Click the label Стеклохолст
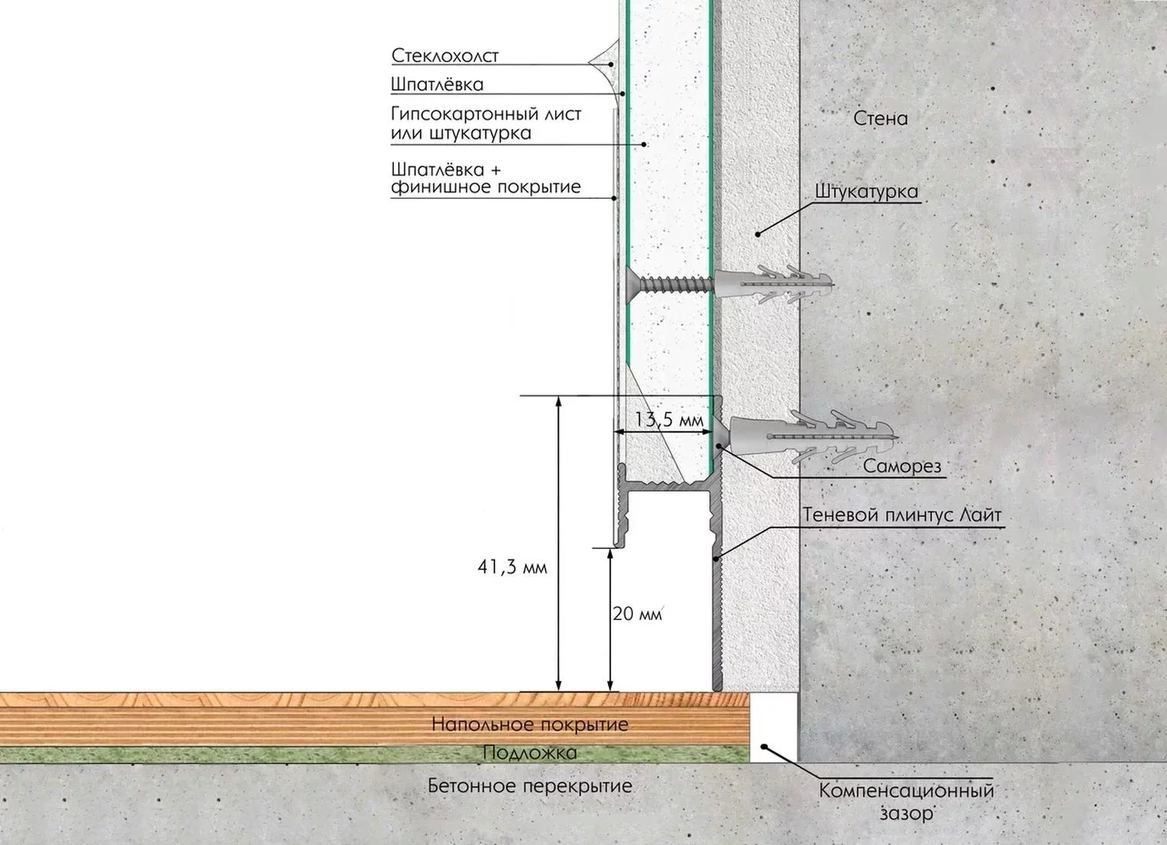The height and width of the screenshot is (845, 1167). (445, 56)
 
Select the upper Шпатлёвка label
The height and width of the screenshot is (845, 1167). (437, 84)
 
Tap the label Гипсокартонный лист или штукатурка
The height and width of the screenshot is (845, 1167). (486, 124)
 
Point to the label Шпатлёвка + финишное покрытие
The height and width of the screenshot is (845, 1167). (486, 178)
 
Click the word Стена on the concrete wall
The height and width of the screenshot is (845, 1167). (881, 119)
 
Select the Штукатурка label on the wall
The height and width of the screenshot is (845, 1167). (866, 192)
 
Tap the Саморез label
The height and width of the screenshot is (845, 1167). (902, 466)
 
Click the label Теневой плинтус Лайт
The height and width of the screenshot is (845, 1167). (902, 515)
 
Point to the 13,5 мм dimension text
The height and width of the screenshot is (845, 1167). (669, 419)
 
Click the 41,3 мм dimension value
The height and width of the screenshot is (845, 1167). (512, 567)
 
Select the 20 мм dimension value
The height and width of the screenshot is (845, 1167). (637, 614)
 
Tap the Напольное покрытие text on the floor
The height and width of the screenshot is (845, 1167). (530, 725)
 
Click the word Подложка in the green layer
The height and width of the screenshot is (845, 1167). (530, 753)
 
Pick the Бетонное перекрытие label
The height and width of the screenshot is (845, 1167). (530, 786)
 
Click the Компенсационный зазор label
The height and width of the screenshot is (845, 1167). (907, 802)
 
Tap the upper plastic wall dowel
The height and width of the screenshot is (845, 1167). (774, 284)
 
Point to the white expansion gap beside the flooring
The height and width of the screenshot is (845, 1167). (774, 728)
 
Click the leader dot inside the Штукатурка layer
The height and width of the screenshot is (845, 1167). (758, 234)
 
